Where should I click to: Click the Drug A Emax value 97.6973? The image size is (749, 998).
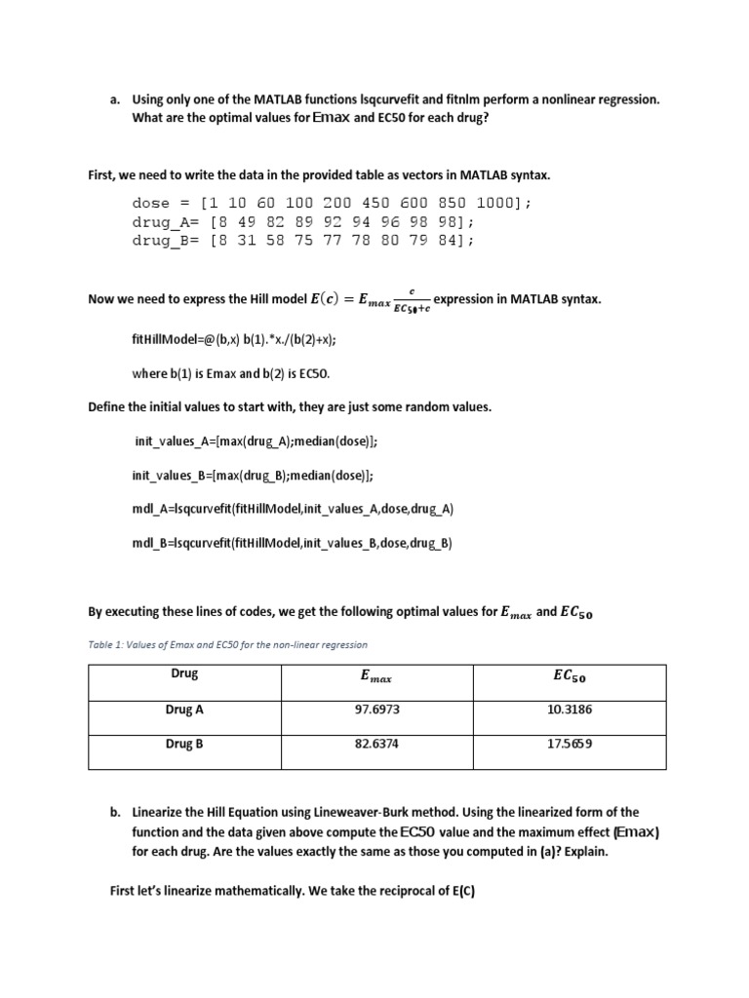pos(375,710)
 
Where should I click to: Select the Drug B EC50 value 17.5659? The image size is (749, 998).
pos(570,744)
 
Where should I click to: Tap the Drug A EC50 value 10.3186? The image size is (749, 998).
pos(570,710)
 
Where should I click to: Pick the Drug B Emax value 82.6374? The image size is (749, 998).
pos(375,744)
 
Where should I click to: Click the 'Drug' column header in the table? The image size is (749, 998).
pos(184,674)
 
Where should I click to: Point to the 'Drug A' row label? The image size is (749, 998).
pos(184,710)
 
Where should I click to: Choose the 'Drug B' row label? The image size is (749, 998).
pos(184,744)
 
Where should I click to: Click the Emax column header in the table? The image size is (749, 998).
pos(375,676)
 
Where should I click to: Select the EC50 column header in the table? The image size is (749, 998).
pos(570,676)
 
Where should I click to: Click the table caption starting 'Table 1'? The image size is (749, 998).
pos(227,644)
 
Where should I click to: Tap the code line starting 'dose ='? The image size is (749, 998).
pos(332,203)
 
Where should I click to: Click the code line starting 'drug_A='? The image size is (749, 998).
pos(303,221)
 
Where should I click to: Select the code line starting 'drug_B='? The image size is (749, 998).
pos(303,240)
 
